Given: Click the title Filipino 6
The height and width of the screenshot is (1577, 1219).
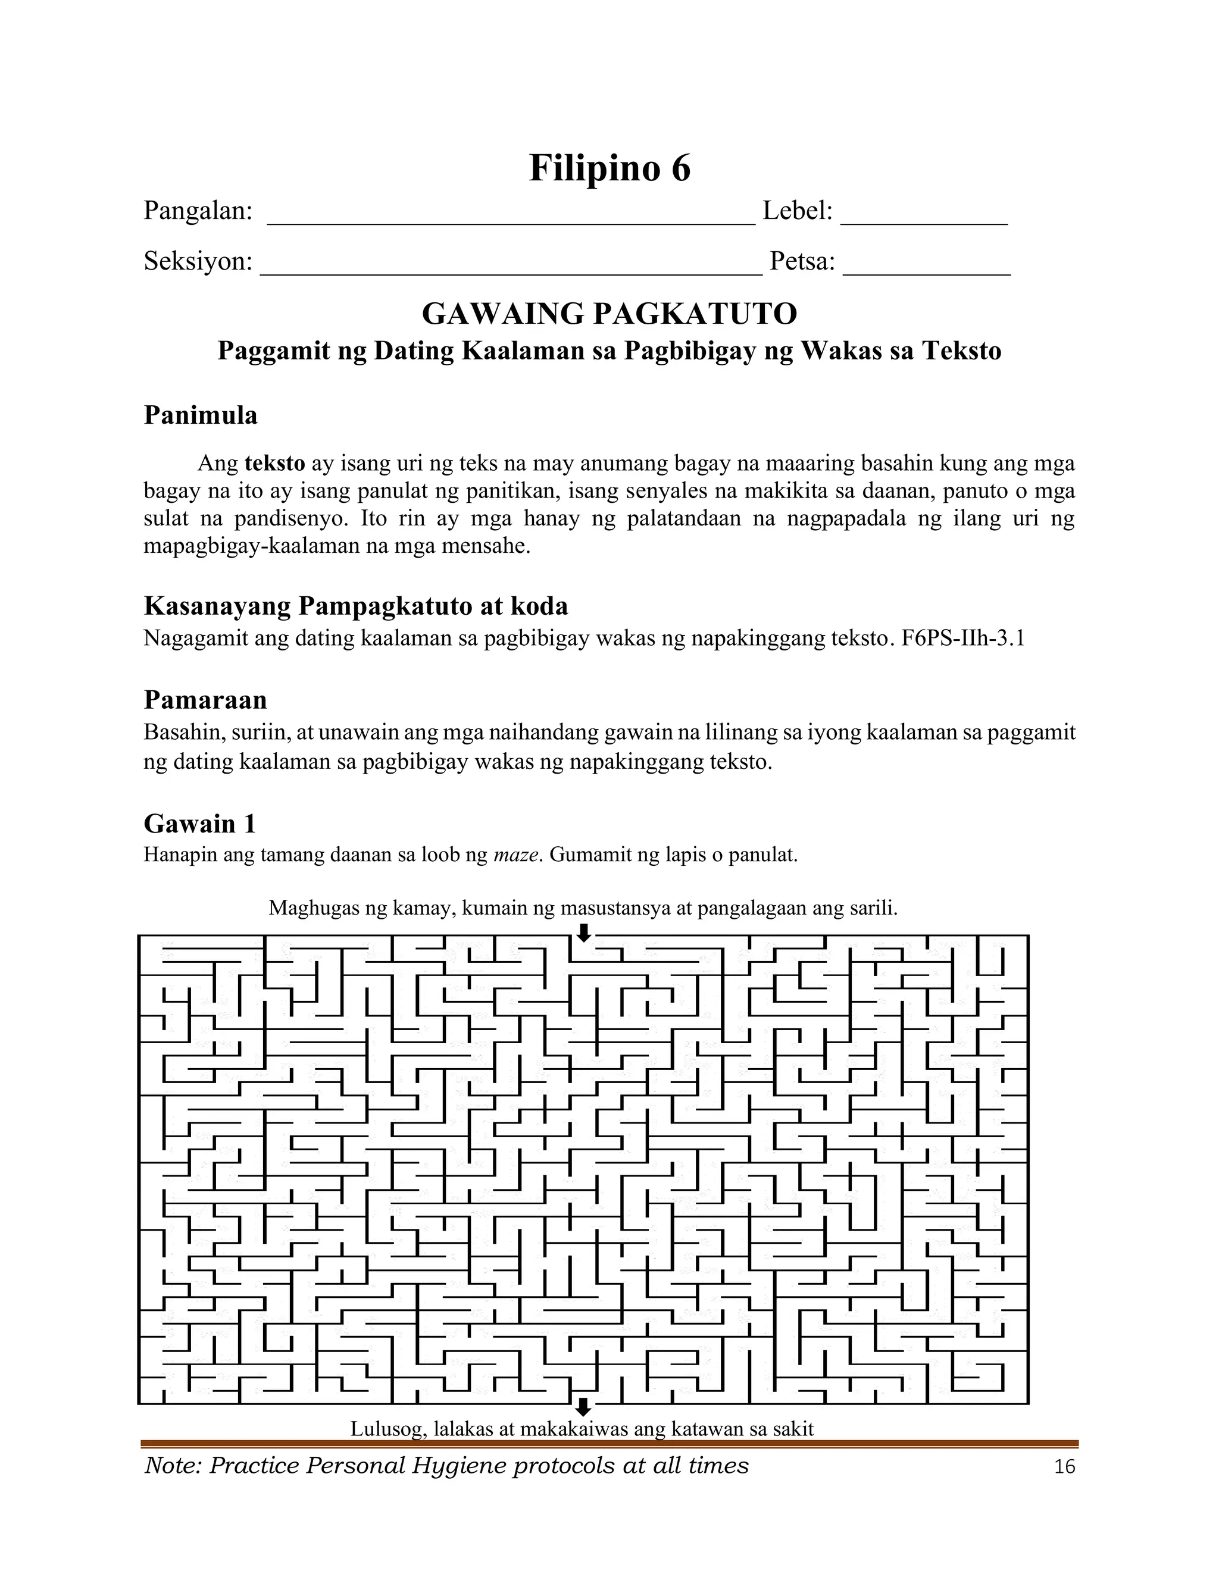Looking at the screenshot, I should coord(609,169).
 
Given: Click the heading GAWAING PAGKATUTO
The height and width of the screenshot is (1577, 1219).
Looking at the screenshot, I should coord(609,314).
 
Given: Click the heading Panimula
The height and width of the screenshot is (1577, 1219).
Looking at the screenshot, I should coord(201,416).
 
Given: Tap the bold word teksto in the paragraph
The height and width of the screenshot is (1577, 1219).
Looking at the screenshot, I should coord(274,463).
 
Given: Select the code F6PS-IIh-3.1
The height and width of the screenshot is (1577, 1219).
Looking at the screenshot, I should coord(964,639).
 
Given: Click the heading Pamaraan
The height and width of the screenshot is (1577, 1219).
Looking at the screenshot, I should coord(205,700).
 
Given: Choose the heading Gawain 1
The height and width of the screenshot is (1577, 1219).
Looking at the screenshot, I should coord(200,824).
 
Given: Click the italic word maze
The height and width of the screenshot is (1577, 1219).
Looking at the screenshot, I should coord(516,856).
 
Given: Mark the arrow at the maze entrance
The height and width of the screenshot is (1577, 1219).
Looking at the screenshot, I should coord(583,932).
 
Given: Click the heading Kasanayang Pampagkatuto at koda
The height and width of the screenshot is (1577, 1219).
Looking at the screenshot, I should coord(356,606).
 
